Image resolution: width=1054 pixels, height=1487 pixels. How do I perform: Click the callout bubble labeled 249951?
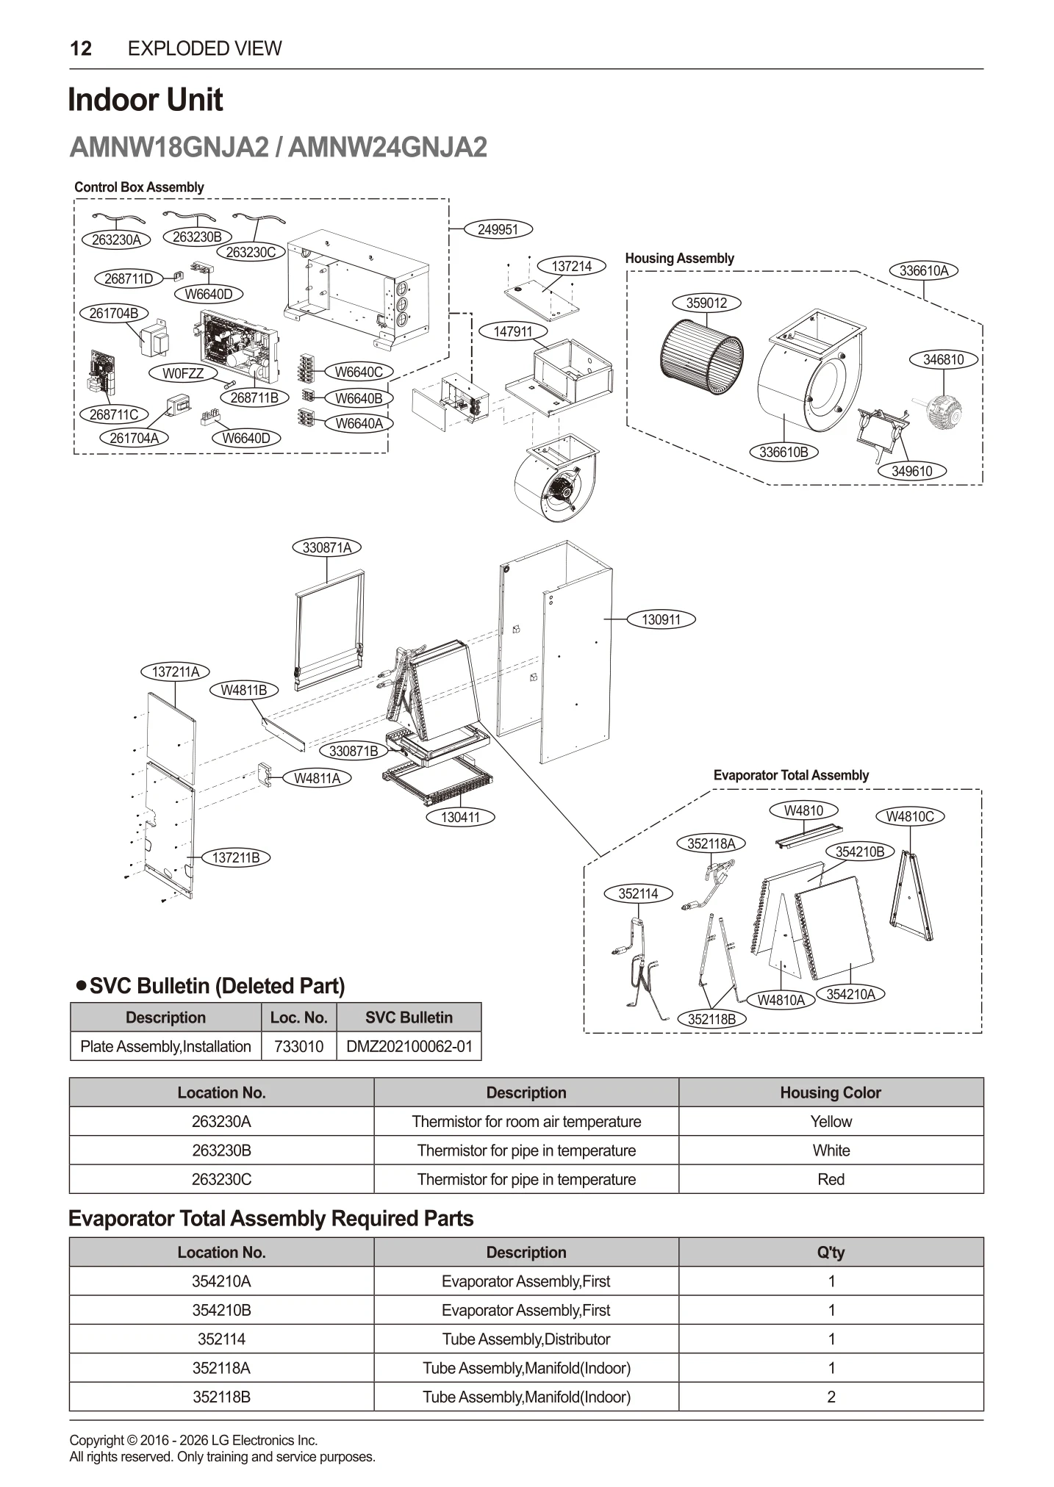pos(498,229)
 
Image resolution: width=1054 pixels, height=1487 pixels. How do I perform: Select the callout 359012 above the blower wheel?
pos(706,303)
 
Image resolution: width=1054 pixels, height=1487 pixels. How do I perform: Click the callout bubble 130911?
pos(661,619)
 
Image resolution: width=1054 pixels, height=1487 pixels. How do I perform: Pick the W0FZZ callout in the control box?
pos(183,373)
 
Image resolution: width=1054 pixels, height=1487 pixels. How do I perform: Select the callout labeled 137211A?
pos(175,672)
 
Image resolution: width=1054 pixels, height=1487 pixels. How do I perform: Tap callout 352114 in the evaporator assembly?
pos(638,893)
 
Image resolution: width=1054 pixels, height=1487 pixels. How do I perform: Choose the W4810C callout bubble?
pos(909,816)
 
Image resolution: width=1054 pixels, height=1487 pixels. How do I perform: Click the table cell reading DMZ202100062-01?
pos(409,1046)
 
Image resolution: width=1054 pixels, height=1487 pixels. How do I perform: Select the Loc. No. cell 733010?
pos(298,1046)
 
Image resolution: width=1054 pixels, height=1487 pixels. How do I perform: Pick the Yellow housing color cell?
pos(831,1121)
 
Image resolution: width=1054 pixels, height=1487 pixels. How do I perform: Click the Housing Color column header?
pos(831,1092)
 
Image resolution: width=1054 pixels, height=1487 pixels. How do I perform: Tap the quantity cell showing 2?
pos(831,1397)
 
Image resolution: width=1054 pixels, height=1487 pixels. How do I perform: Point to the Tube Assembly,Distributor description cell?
pos(526,1339)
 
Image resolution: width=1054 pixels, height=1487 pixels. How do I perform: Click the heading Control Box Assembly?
pos(139,187)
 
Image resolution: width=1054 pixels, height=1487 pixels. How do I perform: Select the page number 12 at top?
pos(81,48)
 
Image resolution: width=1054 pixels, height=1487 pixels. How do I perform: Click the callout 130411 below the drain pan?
pos(460,817)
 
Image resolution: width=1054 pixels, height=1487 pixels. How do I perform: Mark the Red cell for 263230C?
pos(831,1179)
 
